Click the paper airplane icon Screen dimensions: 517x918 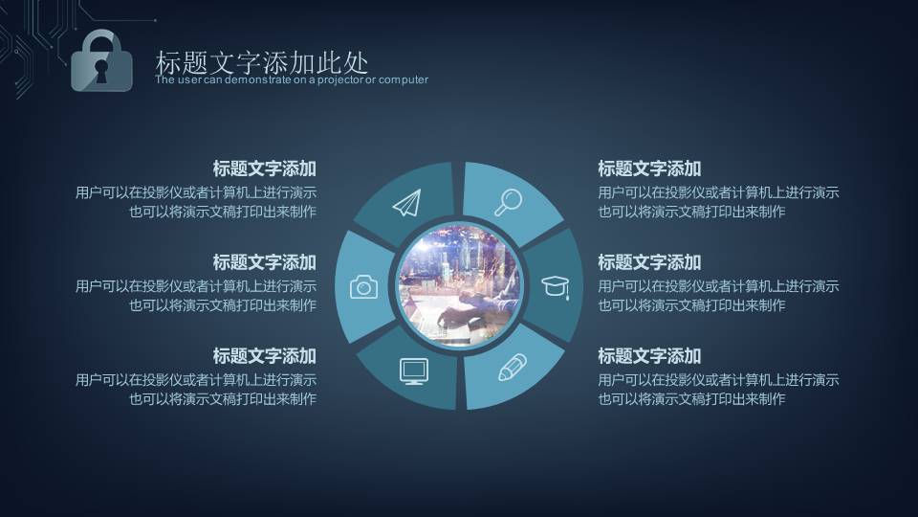(406, 202)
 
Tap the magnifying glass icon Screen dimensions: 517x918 (508, 201)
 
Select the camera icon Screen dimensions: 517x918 (363, 286)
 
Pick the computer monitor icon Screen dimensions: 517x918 (412, 371)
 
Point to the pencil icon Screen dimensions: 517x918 (512, 368)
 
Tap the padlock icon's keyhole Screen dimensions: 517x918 (101, 69)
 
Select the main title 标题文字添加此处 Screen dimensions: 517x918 (261, 63)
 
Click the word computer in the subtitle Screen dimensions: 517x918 (403, 80)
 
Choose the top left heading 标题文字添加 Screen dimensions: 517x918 (264, 169)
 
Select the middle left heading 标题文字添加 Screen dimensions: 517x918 (264, 262)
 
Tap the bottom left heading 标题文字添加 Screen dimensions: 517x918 (264, 356)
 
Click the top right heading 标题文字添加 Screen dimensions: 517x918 (649, 169)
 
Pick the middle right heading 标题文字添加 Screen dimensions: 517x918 (649, 262)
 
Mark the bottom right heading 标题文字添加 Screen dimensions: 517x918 (649, 356)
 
